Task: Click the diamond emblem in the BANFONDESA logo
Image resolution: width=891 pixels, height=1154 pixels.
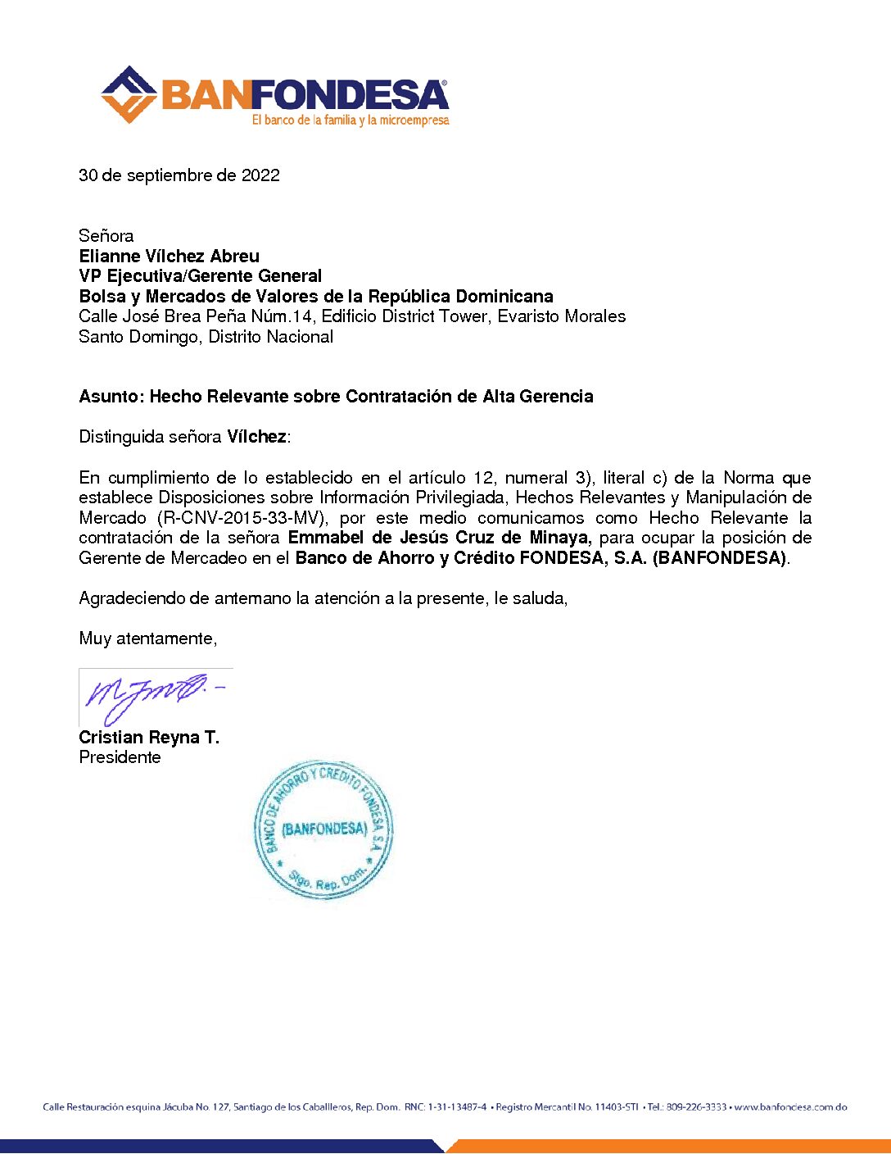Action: [x=129, y=94]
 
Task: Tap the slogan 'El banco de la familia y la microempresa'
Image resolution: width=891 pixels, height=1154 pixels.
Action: [x=351, y=120]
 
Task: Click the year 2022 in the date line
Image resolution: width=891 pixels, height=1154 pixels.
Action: [x=260, y=175]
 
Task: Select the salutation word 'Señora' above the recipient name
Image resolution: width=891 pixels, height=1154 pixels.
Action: [x=106, y=236]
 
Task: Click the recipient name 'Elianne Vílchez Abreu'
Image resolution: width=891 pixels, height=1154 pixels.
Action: [x=169, y=256]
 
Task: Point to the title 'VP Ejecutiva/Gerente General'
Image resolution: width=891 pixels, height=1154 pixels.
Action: [x=200, y=276]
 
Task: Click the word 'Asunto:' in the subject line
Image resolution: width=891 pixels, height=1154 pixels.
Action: [x=111, y=397]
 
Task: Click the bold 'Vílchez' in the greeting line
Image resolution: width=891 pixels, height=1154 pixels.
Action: [x=256, y=437]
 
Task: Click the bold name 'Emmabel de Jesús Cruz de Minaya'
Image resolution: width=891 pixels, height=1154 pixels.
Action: [x=438, y=538]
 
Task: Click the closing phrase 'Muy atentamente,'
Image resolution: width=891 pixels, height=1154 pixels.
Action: [x=148, y=638]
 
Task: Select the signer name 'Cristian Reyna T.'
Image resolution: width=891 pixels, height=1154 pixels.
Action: [x=149, y=738]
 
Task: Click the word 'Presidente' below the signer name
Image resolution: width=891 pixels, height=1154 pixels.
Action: [x=120, y=757]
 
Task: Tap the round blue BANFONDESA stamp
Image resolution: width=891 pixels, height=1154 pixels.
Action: [x=323, y=829]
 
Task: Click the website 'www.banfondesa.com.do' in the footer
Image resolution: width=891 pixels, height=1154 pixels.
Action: [x=790, y=1107]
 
